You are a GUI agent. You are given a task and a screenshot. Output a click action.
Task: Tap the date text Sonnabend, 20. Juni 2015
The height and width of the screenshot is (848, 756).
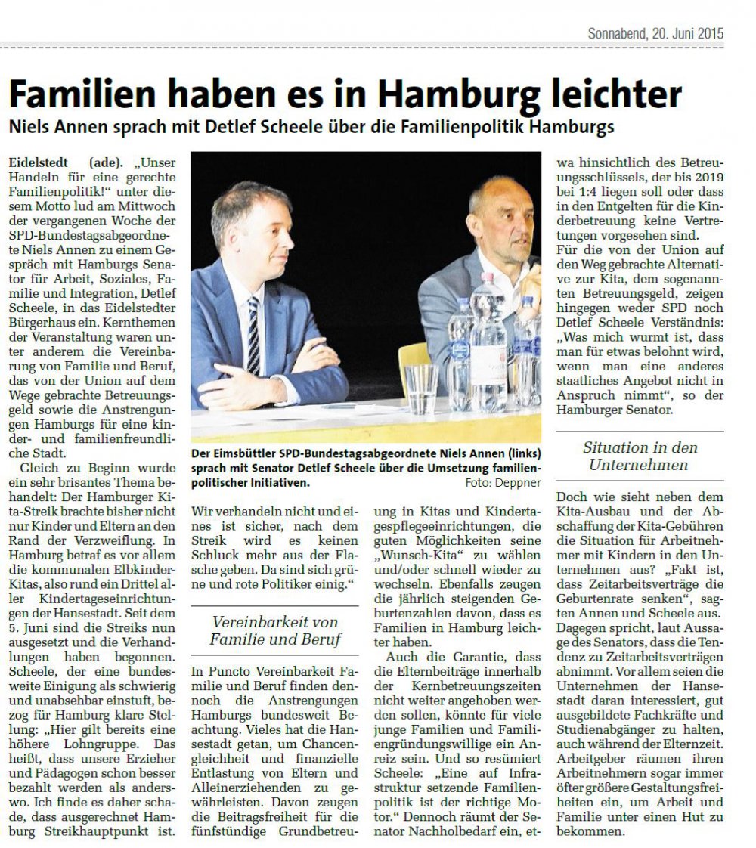point(655,34)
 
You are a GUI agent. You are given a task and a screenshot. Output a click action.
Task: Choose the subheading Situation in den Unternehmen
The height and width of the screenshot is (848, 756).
point(640,456)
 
